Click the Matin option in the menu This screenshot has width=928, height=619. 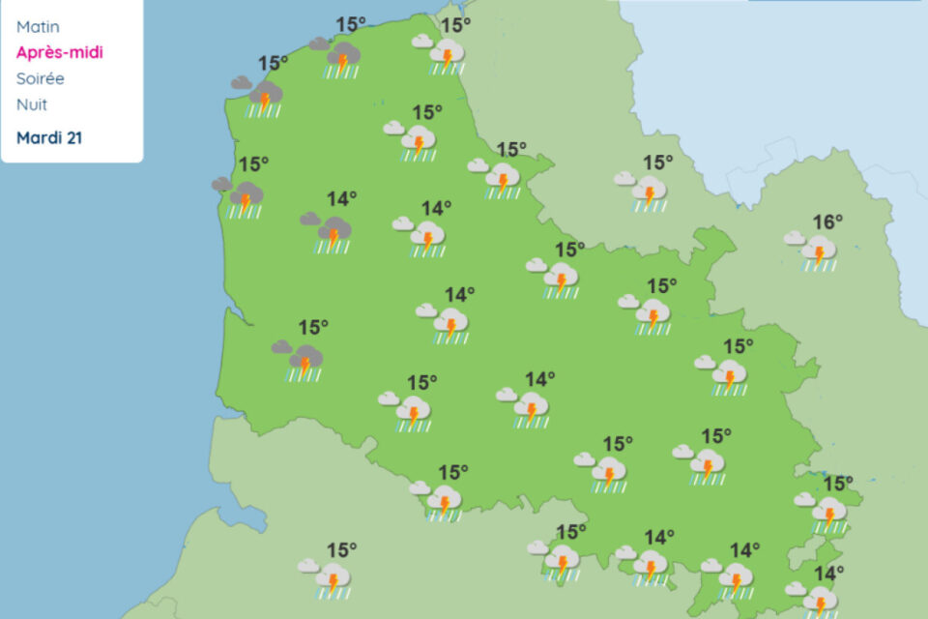[x=38, y=27]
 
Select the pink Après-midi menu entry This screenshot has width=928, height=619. [x=59, y=52]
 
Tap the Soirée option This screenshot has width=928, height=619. [x=41, y=78]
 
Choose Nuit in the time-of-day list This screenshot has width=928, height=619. [x=32, y=104]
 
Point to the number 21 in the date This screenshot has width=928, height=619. [x=73, y=137]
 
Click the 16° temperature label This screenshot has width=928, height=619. [x=827, y=222]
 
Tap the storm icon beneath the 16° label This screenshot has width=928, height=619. [x=819, y=253]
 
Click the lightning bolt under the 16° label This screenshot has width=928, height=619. [x=820, y=255]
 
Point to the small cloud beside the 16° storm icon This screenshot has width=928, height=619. [x=794, y=237]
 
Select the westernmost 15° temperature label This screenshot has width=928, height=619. [x=253, y=164]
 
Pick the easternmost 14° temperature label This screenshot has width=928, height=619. [x=826, y=574]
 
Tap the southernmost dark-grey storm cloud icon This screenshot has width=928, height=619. [x=305, y=361]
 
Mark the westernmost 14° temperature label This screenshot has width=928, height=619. [x=341, y=198]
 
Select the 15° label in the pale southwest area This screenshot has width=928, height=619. [x=341, y=549]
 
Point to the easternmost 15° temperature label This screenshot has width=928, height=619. [x=838, y=484]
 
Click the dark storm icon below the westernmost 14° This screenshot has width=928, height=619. [x=334, y=232]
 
